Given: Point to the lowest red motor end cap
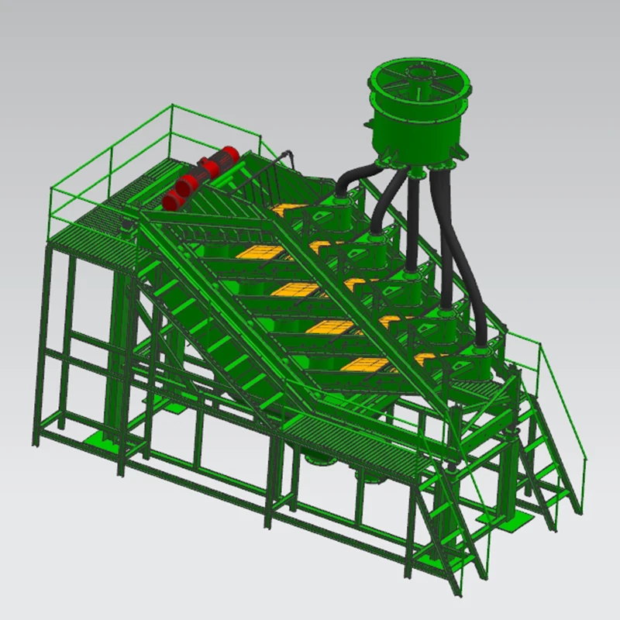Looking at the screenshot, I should (x=171, y=200).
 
